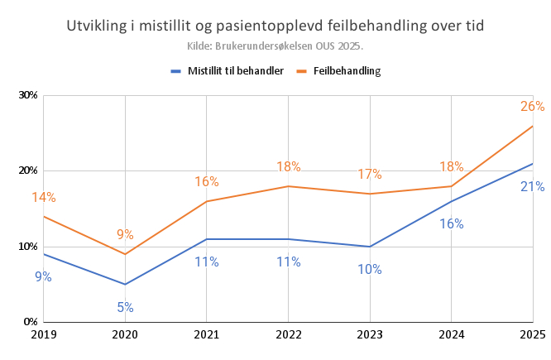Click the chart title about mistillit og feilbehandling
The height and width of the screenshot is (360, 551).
[x=275, y=26]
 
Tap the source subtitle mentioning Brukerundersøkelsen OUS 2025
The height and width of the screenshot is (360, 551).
[x=275, y=46]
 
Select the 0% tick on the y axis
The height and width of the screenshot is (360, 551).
[x=31, y=322]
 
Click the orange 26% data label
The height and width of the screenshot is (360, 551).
[x=532, y=106]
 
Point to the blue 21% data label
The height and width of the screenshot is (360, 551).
[x=532, y=187]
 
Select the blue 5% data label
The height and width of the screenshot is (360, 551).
[x=125, y=308]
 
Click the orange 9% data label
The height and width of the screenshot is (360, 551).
[x=125, y=234]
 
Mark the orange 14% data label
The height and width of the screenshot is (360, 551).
[x=44, y=198]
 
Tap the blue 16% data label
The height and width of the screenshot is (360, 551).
[x=451, y=223]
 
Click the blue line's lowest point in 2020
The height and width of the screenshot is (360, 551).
[x=125, y=285]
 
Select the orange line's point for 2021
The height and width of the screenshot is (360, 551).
[x=206, y=201]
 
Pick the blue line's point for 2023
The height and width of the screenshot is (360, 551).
[x=369, y=247]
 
